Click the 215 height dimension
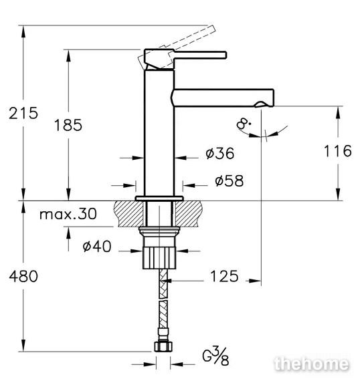23,113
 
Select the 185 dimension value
68,125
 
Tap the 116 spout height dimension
338,150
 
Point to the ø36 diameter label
220,153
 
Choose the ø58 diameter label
229,180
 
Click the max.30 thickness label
68,214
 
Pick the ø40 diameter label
97,246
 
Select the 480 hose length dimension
23,276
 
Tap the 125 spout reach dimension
224,276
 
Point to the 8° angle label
244,124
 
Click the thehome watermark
312,364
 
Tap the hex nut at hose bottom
163,347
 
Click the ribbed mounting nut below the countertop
159,258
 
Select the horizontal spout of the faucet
223,98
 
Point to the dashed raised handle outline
177,46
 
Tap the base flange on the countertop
159,199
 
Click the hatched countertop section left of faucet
129,214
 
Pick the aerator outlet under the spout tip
261,104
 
